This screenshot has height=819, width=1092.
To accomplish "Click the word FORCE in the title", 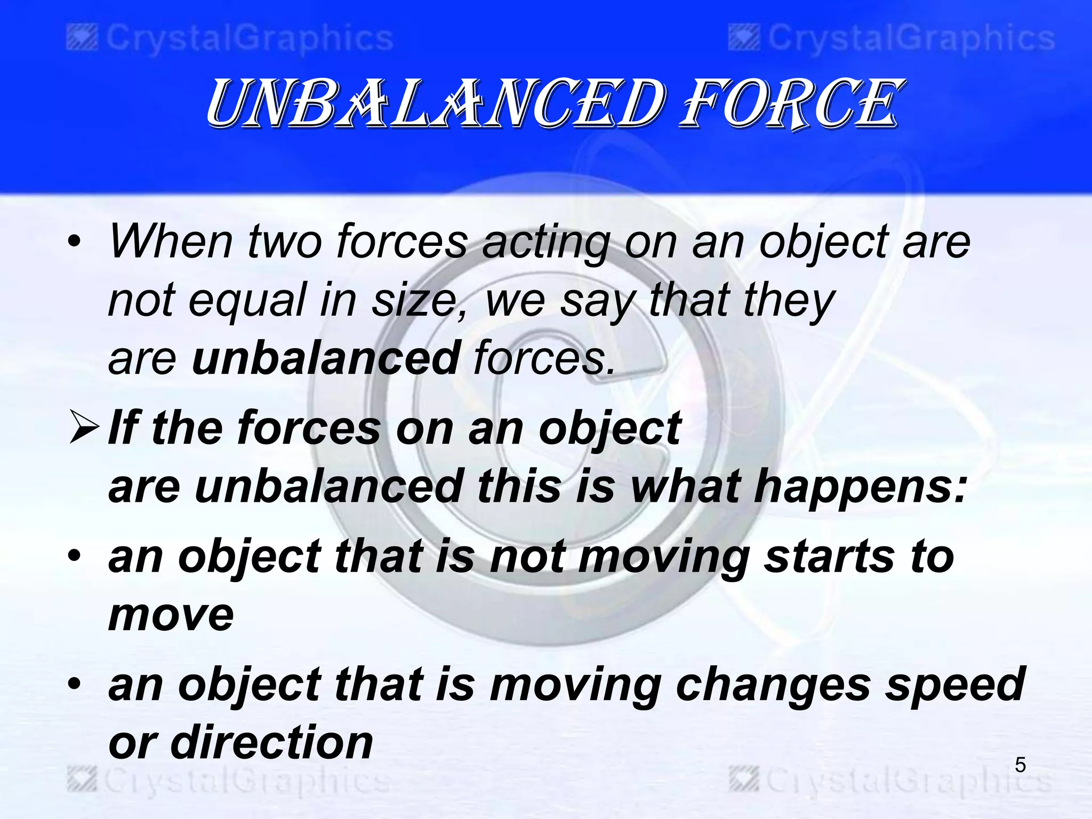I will coord(789,104).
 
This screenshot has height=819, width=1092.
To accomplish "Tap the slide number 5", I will coord(1020,765).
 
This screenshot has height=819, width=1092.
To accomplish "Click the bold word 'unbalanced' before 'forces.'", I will coord(326,358).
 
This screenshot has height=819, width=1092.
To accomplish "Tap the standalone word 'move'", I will coord(171,615).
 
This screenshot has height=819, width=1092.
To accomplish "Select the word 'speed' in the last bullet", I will coord(954,685).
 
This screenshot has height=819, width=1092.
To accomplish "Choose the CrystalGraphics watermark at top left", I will coord(230,39).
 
